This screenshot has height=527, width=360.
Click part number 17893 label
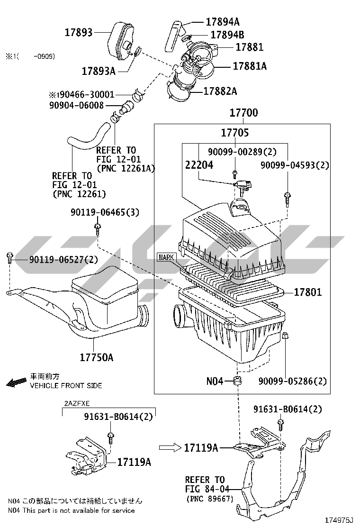pos(79,32)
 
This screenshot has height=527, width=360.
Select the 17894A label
pos(222,21)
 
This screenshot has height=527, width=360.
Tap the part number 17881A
pos(249,66)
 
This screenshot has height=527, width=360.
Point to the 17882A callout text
pos(220,91)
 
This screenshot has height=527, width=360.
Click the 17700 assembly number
pos(244,113)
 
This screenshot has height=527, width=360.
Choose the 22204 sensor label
pos(199,165)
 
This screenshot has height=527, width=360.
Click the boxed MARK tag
pos(166,257)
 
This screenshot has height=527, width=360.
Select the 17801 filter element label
pos(307,292)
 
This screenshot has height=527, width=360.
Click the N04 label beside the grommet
pos(214,381)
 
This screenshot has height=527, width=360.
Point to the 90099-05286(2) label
pos(292,381)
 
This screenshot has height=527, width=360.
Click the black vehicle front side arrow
pos(17,382)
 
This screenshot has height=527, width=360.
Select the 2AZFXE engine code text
pos(77,403)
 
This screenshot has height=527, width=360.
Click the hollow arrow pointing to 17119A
pos(169,447)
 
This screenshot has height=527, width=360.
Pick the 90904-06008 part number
pos(76,105)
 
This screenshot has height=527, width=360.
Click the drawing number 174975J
pos(339,520)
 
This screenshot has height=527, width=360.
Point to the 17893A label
pos(99,71)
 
